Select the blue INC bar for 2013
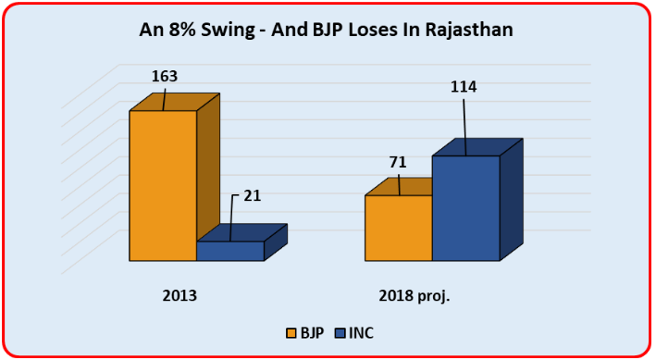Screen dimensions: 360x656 pyautogui.click(x=230, y=251)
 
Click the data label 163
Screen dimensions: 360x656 pyautogui.click(x=164, y=77)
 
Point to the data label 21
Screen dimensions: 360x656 pyautogui.click(x=253, y=195)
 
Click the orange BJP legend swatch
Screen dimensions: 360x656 pyautogui.click(x=291, y=331)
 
